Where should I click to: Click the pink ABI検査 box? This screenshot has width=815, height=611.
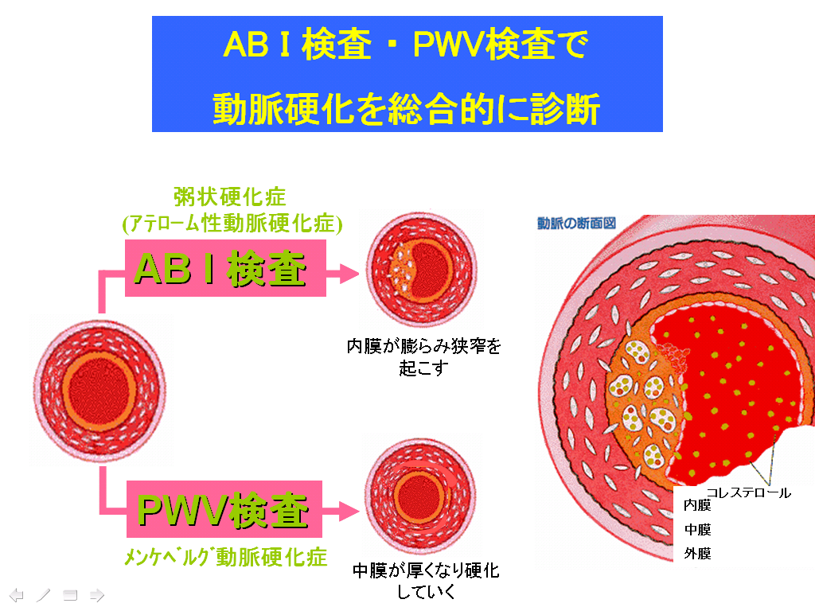coord(225,268)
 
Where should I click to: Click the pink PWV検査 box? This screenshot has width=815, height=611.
coord(224,509)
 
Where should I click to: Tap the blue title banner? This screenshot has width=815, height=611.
coord(407,74)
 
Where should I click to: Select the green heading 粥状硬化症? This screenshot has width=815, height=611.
coord(229,197)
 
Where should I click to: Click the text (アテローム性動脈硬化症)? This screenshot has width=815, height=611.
coord(232,224)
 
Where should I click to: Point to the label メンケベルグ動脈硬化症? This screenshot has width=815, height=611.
coord(225,558)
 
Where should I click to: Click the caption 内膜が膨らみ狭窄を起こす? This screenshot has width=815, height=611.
coord(423,357)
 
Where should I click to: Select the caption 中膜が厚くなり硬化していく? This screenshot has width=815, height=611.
coord(426,581)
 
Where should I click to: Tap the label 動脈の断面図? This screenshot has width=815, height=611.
coord(576,224)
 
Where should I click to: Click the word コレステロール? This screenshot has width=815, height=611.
coord(748,492)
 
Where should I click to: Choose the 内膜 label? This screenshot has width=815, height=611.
coord(697,505)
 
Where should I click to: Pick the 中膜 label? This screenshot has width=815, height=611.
coord(697,529)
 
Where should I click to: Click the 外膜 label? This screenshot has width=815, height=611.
coord(697,554)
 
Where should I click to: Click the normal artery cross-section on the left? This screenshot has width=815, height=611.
coord(99,390)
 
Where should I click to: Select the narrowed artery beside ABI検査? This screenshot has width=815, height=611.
coord(422,269)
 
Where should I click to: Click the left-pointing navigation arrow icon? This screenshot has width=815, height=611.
coord(17,595)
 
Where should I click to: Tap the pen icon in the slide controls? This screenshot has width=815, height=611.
coord(43,595)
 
